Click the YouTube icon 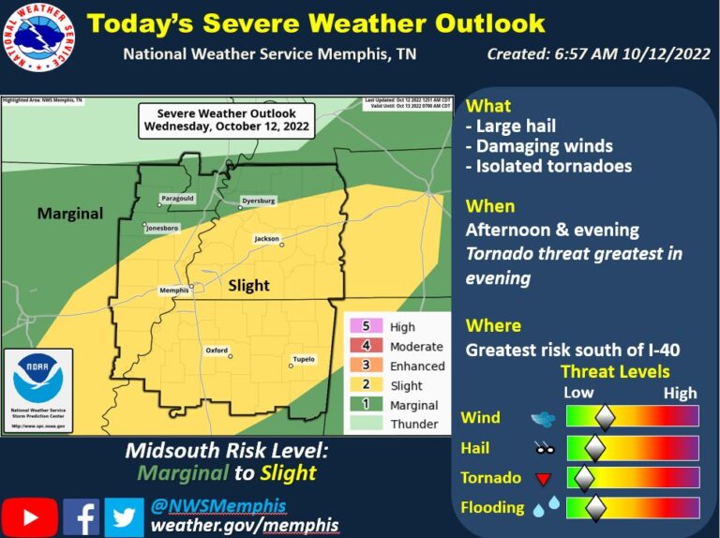coord(29,516)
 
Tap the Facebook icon coord(82,516)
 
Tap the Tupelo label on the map coord(303,359)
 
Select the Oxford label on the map coord(217,351)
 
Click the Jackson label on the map coord(267,239)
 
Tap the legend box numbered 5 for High coord(365,326)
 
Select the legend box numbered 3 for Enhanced coord(365,366)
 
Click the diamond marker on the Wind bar coord(606,417)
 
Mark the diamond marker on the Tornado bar coord(584,478)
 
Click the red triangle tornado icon coord(542,480)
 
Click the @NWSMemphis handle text coord(217,505)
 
